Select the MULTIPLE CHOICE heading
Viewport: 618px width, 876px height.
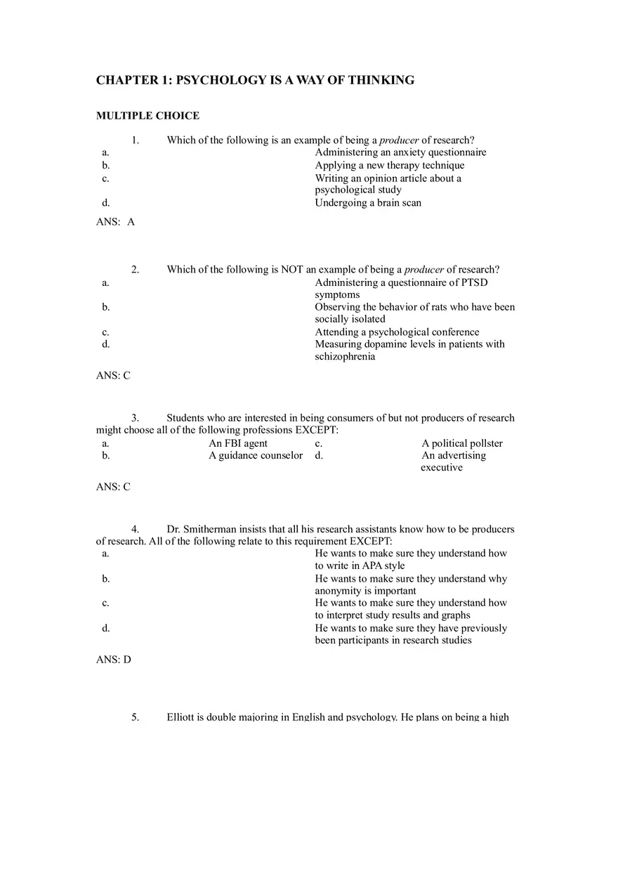tap(147, 116)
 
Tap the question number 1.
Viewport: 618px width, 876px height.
tap(135, 140)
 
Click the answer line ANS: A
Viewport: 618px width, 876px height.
tap(115, 222)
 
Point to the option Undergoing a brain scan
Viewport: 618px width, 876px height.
tap(368, 203)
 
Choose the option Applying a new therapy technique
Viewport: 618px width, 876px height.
tap(389, 166)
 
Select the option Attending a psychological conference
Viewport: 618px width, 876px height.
tap(397, 332)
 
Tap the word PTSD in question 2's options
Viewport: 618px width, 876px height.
tap(474, 283)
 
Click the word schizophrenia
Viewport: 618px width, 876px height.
tap(345, 357)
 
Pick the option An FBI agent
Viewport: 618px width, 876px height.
tap(238, 444)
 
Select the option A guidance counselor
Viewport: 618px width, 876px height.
tap(256, 456)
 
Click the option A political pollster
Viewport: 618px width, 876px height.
tap(462, 444)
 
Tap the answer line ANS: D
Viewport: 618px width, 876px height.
tap(114, 660)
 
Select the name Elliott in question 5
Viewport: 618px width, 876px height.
tap(180, 718)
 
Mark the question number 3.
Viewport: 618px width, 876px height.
tap(135, 419)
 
